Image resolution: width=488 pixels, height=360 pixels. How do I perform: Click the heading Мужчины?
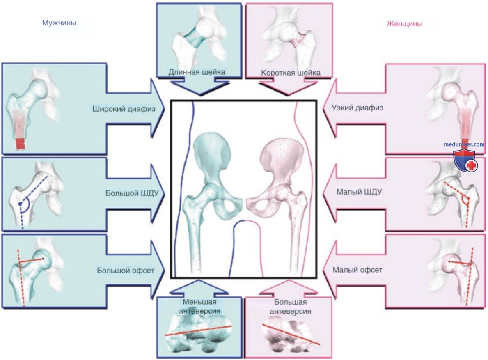59,23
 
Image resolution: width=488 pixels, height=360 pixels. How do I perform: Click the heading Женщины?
404,23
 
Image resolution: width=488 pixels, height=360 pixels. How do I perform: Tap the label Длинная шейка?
197,72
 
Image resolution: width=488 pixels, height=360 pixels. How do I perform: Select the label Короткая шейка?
291,73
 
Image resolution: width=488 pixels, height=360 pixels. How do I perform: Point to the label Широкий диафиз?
124,109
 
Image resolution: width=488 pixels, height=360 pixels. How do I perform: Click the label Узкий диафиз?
357,108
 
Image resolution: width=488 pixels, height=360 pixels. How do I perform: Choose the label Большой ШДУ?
132,193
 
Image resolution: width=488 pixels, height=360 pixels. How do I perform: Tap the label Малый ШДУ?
359,192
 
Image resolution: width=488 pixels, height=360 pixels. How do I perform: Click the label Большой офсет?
126,270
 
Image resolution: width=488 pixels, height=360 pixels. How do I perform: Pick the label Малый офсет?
357,269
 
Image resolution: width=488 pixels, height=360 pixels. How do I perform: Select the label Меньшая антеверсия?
199,306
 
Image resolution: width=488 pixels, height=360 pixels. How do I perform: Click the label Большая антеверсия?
290,307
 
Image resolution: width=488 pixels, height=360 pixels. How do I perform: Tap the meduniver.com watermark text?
464,144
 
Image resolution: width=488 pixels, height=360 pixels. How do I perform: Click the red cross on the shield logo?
472,165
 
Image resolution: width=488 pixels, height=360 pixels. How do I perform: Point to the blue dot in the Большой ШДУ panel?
20,204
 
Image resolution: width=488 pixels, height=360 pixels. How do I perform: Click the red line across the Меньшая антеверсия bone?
198,330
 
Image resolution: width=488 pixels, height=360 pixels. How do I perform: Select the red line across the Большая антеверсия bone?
291,334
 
